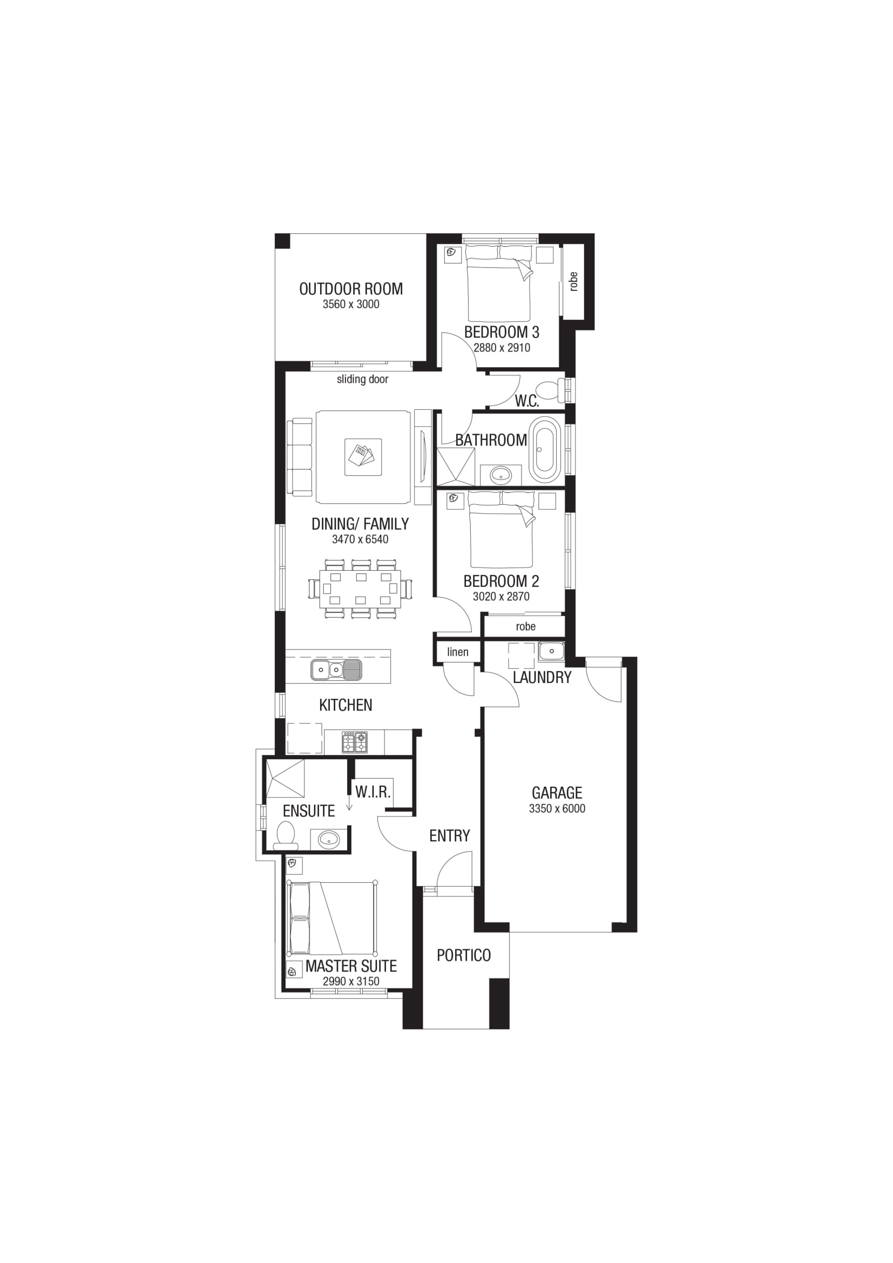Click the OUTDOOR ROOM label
tap(351, 289)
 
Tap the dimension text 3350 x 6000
tap(557, 809)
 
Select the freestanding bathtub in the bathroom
tap(544, 449)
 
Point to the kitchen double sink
tap(336, 670)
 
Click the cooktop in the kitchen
tap(355, 741)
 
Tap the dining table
tap(361, 589)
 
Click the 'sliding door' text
tap(362, 379)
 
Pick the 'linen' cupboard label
tap(457, 652)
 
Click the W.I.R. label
tap(373, 792)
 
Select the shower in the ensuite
tap(286, 778)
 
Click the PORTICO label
tap(464, 956)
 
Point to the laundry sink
tap(552, 651)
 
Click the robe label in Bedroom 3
tap(573, 281)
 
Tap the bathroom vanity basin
tap(501, 474)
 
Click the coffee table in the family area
tap(363, 457)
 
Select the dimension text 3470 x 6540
tap(360, 539)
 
